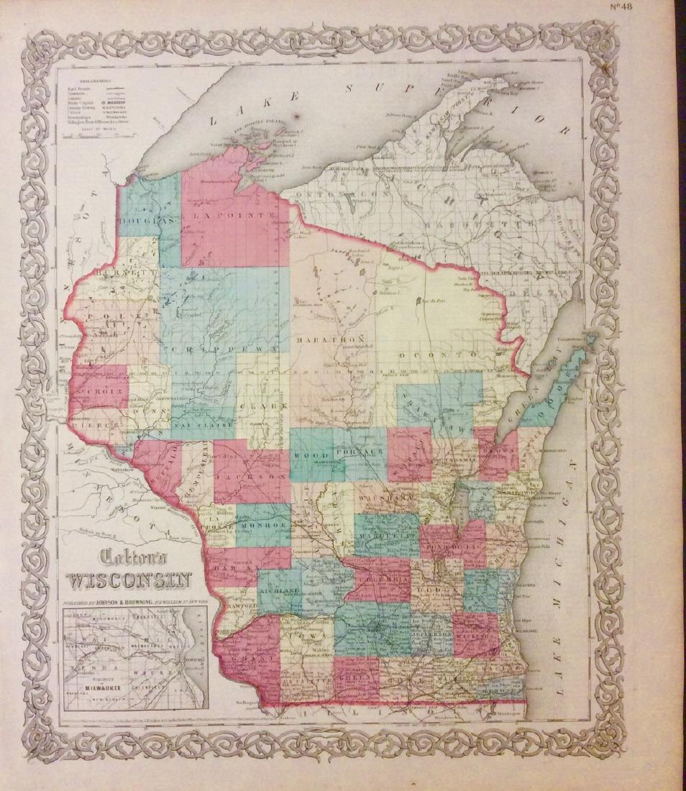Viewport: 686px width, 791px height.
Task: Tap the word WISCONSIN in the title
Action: click(x=129, y=580)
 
